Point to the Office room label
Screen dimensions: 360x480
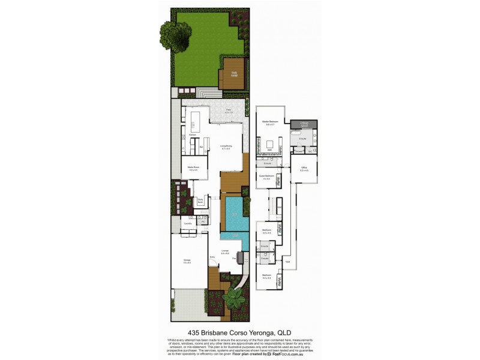[304, 169]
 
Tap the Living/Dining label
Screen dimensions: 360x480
[226, 146]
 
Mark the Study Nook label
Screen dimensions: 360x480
[200, 202]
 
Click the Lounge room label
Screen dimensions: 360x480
[225, 251]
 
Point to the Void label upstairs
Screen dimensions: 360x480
[287, 262]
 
